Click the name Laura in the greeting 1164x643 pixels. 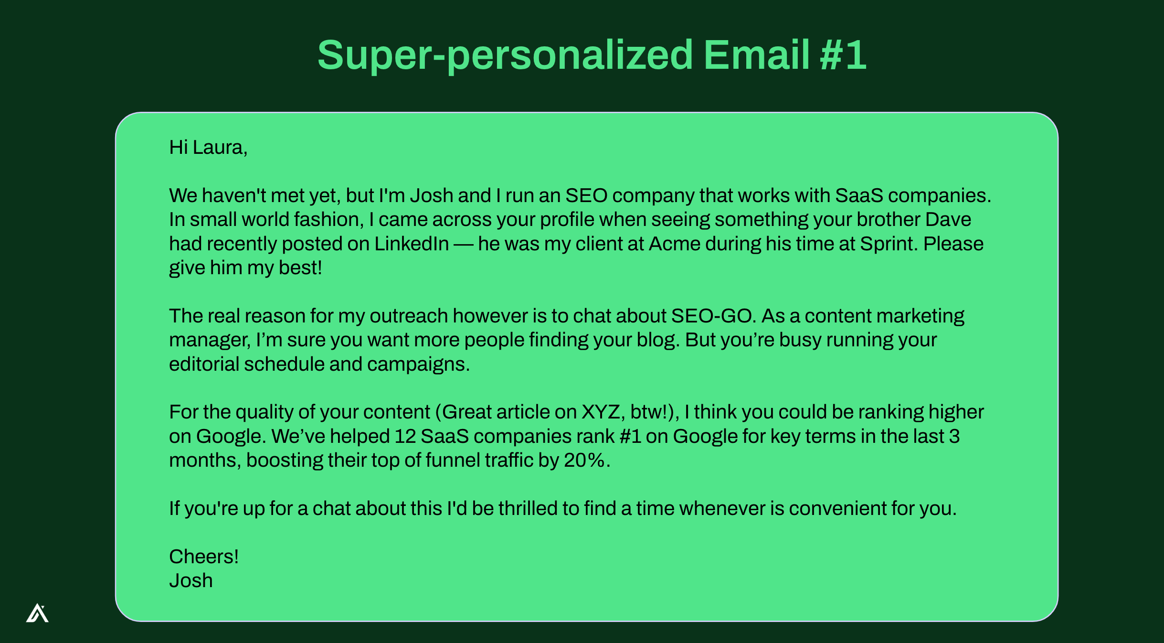(x=220, y=148)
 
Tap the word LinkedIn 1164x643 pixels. (x=412, y=244)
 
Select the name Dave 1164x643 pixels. (x=948, y=219)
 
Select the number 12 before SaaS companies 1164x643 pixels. (x=405, y=436)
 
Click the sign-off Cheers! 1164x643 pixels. (x=204, y=557)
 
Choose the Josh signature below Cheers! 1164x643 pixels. (x=191, y=580)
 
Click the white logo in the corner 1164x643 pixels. (x=37, y=613)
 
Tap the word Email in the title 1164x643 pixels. (x=756, y=55)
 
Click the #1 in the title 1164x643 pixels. (x=843, y=55)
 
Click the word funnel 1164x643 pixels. (x=453, y=460)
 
